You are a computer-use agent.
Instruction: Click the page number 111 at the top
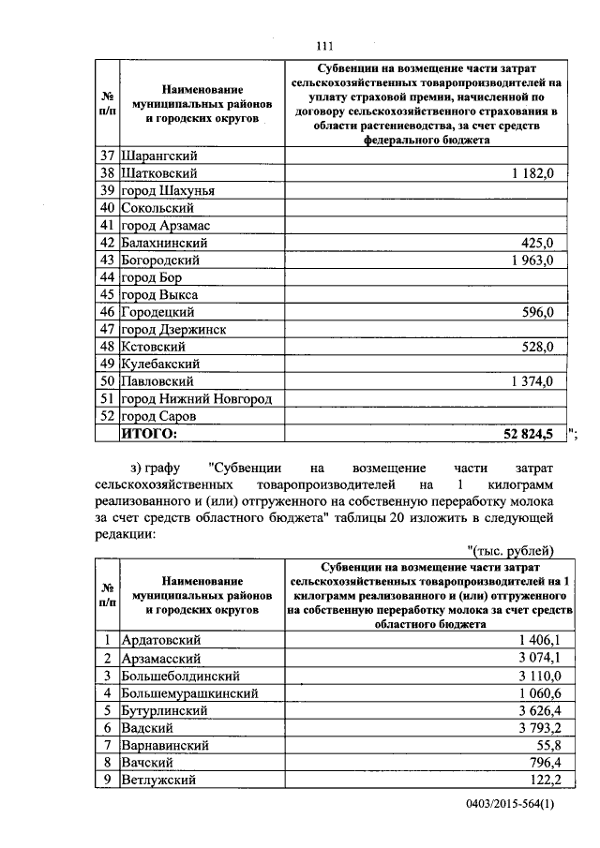(x=325, y=45)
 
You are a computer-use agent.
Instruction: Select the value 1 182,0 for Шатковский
(x=533, y=173)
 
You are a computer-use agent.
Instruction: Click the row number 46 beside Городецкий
(x=107, y=312)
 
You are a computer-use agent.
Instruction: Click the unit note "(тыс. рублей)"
(x=511, y=550)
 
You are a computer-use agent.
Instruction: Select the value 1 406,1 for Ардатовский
(x=538, y=639)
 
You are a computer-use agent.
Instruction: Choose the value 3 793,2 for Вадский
(x=538, y=727)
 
